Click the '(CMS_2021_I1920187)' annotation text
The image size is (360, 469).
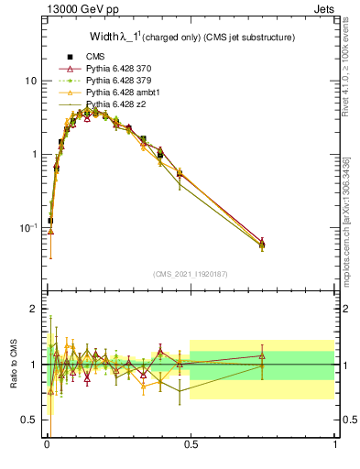point(191,273)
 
